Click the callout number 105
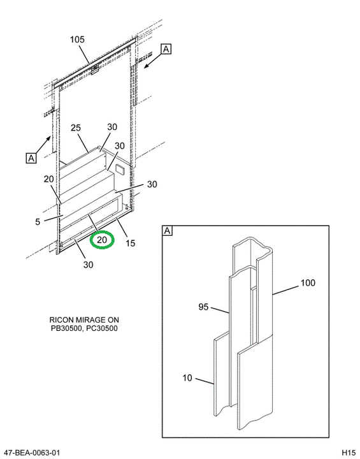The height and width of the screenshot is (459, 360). [77, 40]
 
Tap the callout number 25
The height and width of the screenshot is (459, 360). [76, 128]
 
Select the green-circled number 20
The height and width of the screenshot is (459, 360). [102, 240]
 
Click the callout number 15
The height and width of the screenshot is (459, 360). [130, 243]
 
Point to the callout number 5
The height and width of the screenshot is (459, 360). [38, 222]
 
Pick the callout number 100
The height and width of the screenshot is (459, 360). [308, 283]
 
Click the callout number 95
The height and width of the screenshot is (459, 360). [203, 307]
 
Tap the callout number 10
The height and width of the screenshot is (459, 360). [187, 378]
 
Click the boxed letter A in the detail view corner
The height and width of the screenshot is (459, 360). [168, 231]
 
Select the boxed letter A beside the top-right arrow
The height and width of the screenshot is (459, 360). [166, 49]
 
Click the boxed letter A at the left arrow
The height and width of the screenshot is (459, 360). [31, 158]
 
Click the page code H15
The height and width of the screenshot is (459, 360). [349, 453]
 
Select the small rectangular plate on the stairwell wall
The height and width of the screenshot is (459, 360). [120, 169]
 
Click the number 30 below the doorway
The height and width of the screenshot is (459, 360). [88, 265]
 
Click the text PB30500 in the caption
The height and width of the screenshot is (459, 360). [66, 328]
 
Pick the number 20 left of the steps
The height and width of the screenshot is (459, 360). [49, 179]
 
